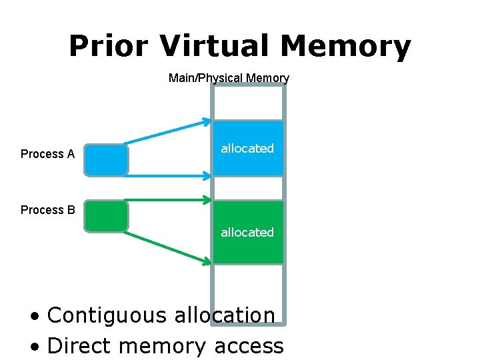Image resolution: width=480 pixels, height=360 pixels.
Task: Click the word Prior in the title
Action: pos(109,46)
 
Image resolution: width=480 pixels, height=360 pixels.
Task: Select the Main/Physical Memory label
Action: pos(229,78)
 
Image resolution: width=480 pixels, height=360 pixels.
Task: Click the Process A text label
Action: pos(47,154)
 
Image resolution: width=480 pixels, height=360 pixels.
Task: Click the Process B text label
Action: pos(47,210)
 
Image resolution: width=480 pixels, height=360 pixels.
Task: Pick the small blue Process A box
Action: pos(106,160)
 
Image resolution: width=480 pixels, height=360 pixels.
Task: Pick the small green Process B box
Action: pos(106,216)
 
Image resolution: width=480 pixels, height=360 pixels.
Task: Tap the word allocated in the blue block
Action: pos(247,149)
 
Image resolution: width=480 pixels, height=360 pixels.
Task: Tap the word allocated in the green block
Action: pos(247,233)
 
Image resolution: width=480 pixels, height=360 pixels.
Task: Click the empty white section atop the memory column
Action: pos(248,103)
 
